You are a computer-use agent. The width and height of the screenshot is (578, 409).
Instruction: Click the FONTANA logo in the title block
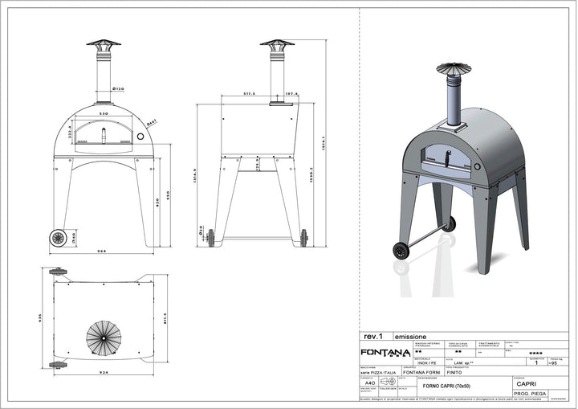385,351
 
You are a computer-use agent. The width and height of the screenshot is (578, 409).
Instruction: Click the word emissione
410,336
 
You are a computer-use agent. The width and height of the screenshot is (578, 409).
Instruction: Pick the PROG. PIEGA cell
531,395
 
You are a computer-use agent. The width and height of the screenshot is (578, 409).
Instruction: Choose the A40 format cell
369,384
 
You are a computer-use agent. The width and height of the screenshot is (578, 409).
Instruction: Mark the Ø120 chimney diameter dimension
117,89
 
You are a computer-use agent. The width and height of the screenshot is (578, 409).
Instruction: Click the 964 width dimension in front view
103,252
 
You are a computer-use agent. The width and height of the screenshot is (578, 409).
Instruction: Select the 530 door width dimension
103,114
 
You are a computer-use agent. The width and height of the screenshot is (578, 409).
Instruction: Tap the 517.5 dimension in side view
250,94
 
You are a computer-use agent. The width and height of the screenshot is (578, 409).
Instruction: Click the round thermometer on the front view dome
142,136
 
